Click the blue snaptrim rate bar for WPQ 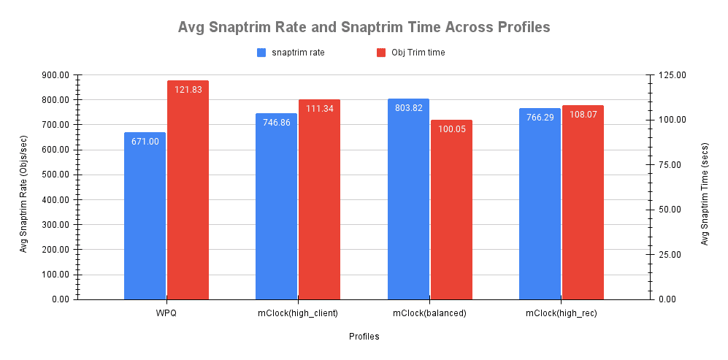[x=145, y=219]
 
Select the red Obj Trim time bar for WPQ [x=188, y=194]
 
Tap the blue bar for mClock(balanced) [x=408, y=201]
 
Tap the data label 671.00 [x=145, y=142]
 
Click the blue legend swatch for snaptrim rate [x=261, y=53]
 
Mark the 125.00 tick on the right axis [x=672, y=75]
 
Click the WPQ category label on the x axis [x=166, y=313]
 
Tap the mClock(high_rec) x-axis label [x=561, y=313]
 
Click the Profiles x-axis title [x=364, y=337]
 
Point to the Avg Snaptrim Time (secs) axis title [x=705, y=188]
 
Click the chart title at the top [x=364, y=28]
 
